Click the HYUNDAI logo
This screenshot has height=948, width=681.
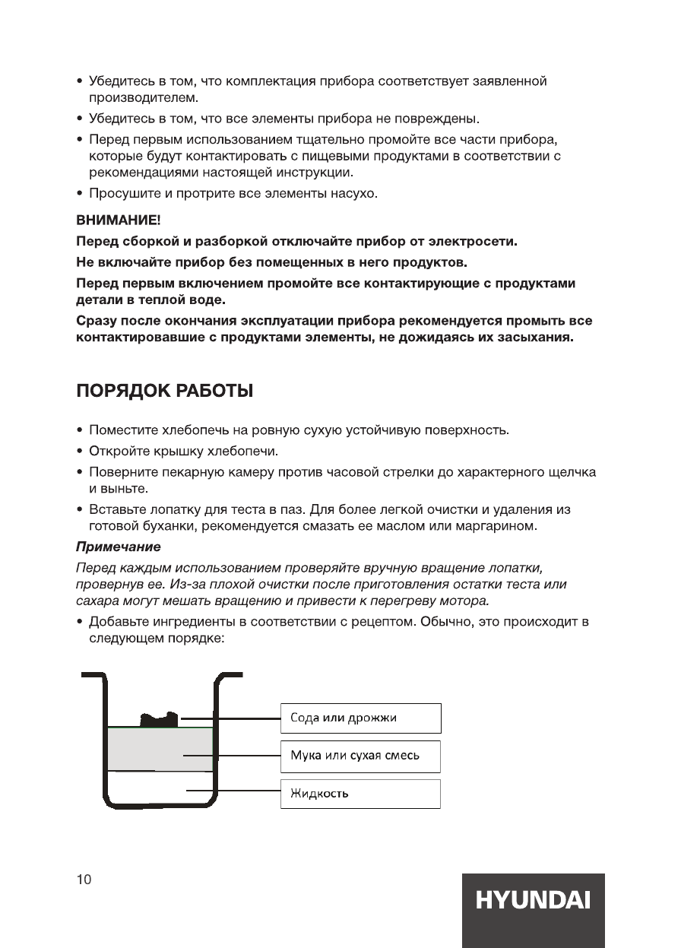(533, 902)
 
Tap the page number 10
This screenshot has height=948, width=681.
(84, 880)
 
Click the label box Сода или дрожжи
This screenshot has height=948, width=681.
(360, 718)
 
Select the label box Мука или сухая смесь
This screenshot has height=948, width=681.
(360, 756)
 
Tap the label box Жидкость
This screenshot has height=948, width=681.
(360, 794)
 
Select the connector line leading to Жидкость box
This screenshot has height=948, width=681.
(236, 791)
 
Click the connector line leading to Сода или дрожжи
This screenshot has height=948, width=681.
(232, 718)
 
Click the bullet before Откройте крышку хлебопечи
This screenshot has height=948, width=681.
(80, 452)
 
